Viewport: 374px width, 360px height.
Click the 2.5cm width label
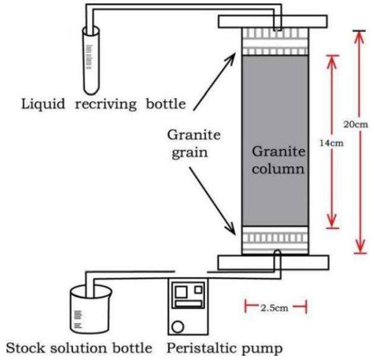pos(275,307)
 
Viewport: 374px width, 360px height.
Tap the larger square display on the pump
pos(182,290)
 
